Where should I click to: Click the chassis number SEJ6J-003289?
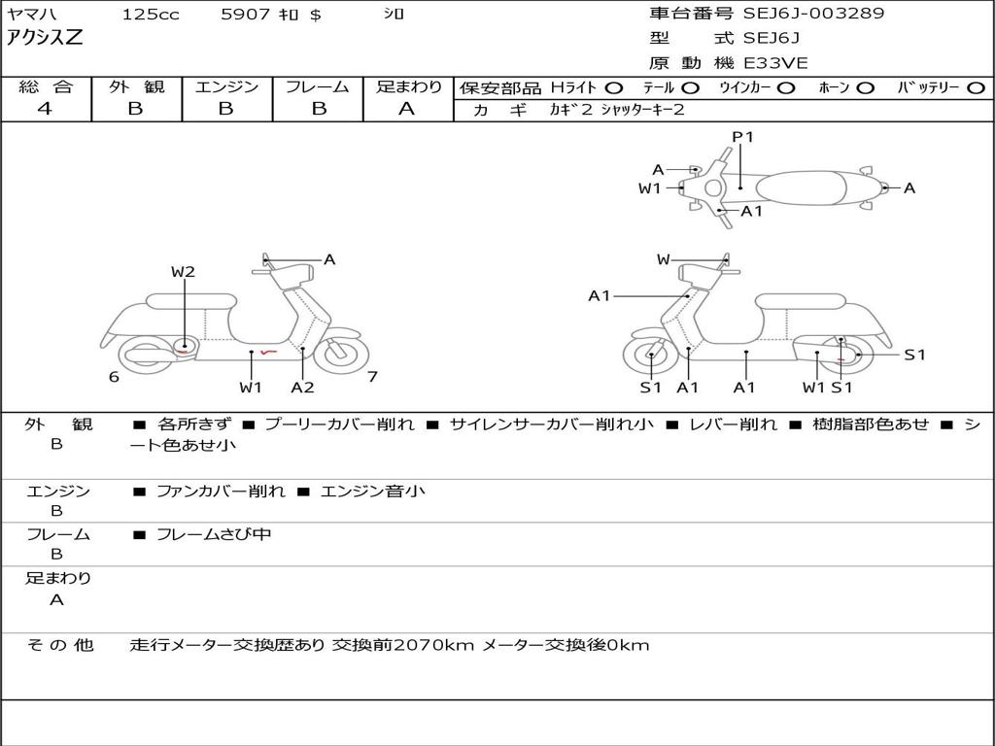813,14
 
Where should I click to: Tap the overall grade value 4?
45,109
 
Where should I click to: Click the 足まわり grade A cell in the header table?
407,109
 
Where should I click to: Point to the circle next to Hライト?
613,88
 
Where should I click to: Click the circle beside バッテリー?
976,88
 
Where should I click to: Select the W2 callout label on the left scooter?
183,272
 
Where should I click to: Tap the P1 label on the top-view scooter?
742,136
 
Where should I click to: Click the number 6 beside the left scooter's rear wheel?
114,377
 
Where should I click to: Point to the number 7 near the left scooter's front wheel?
372,376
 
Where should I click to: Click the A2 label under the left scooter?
303,387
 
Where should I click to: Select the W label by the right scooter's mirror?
663,259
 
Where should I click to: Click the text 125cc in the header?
151,14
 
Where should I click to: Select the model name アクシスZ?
45,38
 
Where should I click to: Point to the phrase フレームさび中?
214,534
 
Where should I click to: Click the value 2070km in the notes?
434,645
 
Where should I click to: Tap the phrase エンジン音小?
372,491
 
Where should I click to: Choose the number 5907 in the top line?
246,14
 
